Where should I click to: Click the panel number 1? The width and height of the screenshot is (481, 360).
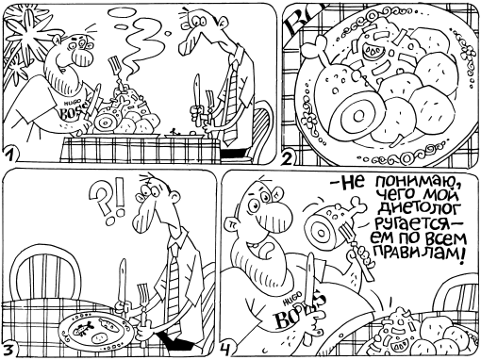click(9, 153)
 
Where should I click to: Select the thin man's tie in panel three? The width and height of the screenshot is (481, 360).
click(174, 273)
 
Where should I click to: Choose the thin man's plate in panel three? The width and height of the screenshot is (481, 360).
click(95, 330)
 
